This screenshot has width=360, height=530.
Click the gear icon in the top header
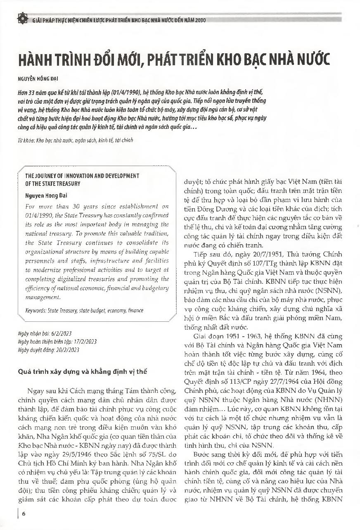pos(21,19)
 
